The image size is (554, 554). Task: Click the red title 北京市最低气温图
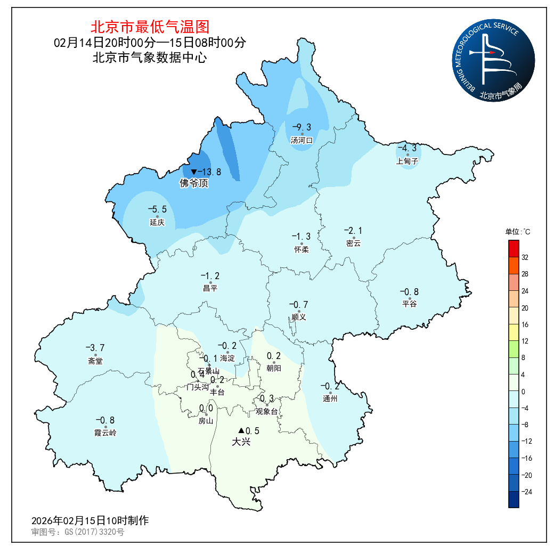150,27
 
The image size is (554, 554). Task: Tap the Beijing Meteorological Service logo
493,62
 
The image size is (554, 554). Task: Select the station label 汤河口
302,140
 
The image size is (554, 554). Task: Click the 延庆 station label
157,222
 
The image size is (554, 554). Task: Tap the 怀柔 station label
302,249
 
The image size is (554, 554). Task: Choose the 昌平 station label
210,288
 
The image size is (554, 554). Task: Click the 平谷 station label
409,304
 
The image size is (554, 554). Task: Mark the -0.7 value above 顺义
298,305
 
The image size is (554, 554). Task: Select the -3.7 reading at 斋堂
95,348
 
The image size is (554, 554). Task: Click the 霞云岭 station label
105,433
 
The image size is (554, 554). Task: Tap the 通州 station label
330,398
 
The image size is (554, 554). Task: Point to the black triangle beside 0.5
241,430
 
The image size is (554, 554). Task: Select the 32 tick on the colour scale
525,257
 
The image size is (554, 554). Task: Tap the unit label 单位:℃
518,232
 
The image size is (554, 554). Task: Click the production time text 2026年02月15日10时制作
90,520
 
